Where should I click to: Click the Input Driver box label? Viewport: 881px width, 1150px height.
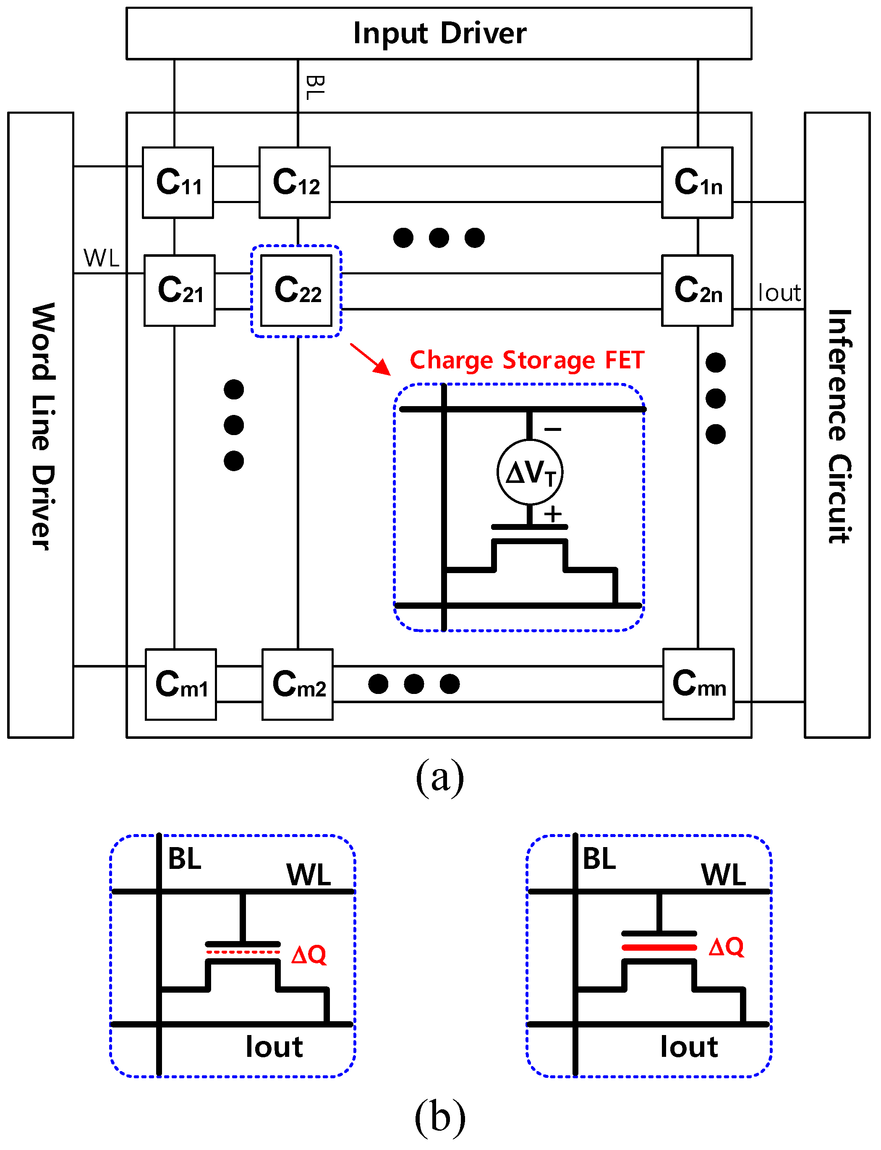tap(439, 34)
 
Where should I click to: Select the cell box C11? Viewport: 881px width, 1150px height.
tap(178, 183)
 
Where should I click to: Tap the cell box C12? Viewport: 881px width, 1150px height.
tap(295, 183)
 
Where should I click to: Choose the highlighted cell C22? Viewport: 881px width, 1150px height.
tap(297, 290)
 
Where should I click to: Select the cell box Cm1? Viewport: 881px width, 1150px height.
tap(181, 684)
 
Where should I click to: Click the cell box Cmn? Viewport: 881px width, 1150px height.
tap(698, 683)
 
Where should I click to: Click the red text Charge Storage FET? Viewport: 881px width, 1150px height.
tap(526, 361)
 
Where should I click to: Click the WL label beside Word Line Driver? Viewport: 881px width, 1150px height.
tap(101, 258)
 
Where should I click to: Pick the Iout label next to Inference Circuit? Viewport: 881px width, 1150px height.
tap(779, 293)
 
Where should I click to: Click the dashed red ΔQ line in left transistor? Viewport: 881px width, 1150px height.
tap(242, 952)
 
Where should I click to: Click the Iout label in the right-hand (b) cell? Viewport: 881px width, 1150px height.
tap(688, 1047)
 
